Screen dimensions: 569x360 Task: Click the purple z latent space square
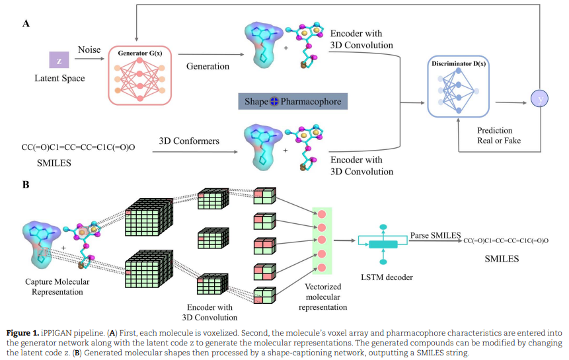59,60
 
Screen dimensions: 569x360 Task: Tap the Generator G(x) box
139,75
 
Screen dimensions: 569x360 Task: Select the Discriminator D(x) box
459,87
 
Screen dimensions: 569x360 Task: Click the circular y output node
540,98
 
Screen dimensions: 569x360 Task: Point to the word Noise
89,50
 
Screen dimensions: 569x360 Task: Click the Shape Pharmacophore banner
293,102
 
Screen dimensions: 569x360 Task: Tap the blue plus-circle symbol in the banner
274,102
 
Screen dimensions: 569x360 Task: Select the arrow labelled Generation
211,54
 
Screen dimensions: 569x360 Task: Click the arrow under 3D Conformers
195,151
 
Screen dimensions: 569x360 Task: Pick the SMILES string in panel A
79,147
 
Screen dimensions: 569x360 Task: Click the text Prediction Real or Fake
499,135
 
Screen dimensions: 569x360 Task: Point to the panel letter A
26,24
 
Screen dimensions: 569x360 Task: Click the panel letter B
26,184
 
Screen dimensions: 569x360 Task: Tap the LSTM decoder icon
383,244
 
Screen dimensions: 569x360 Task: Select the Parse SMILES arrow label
436,235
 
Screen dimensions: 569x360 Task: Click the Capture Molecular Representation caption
57,287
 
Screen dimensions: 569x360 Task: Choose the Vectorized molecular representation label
323,297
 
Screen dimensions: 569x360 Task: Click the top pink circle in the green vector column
322,214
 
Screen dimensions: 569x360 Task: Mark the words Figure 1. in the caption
23,333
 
